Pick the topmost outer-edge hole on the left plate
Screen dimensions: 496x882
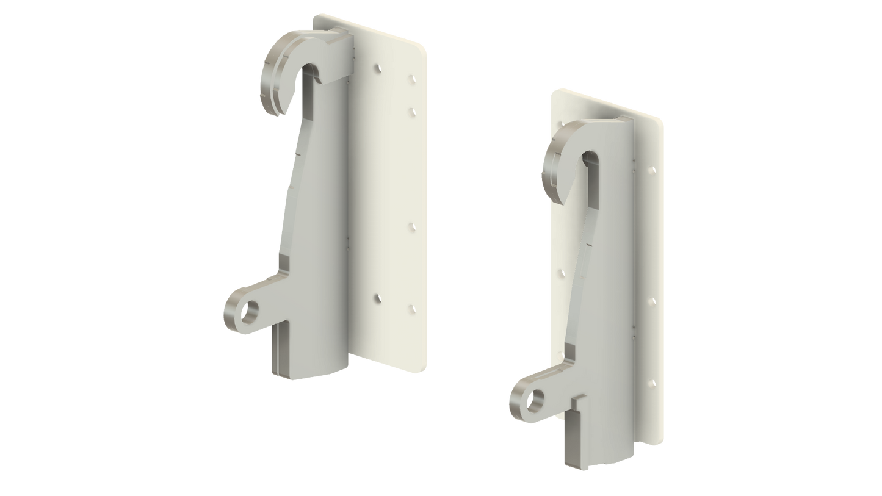pyautogui.click(x=411, y=79)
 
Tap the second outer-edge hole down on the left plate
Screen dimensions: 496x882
pyautogui.click(x=411, y=111)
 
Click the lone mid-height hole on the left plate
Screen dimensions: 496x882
pyautogui.click(x=411, y=226)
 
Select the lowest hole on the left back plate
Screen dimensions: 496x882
pyautogui.click(x=411, y=308)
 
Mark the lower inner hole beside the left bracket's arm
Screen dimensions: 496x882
pyautogui.click(x=377, y=298)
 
